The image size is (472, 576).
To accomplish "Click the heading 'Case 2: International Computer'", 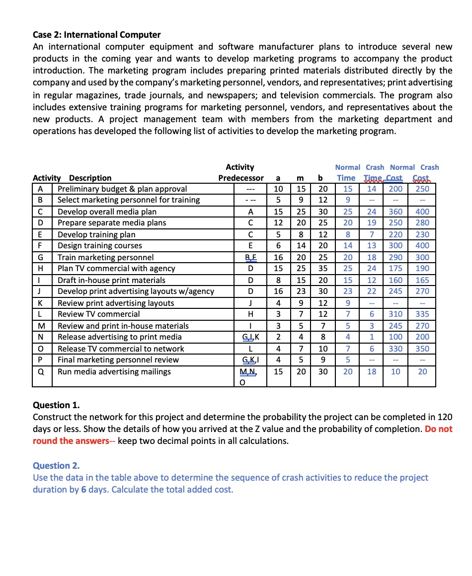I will coord(97,35).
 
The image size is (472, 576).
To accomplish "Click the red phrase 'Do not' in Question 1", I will coord(439,429).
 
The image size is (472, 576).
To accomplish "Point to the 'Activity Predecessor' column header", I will coord(240,172).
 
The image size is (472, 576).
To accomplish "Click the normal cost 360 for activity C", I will coord(395,212).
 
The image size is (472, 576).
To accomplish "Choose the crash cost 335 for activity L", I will coord(422,314).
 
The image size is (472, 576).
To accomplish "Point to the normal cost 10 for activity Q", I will coord(395,371).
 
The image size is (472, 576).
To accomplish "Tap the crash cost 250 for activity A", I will coord(422,189).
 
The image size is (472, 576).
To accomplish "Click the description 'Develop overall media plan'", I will coord(107,212).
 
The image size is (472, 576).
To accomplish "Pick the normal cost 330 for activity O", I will coord(395,349).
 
